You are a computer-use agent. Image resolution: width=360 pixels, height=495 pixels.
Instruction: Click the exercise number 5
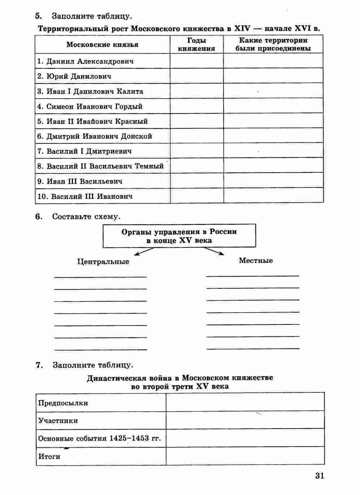pyautogui.click(x=38, y=16)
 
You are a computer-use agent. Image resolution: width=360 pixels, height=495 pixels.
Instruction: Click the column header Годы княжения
pyautogui.click(x=196, y=44)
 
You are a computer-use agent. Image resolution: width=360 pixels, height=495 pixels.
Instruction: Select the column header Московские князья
pyautogui.click(x=102, y=44)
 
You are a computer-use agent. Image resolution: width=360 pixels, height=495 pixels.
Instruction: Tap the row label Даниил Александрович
pyautogui.click(x=86, y=61)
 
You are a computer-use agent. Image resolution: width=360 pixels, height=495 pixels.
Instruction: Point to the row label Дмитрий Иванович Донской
pyautogui.click(x=95, y=136)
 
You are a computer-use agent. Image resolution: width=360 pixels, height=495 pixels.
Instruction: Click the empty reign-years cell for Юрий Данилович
pyautogui.click(x=196, y=76)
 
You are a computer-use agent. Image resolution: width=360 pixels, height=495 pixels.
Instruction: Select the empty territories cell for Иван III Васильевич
pyautogui.click(x=273, y=181)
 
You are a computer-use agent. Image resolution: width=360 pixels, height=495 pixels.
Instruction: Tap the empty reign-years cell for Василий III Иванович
pyautogui.click(x=196, y=196)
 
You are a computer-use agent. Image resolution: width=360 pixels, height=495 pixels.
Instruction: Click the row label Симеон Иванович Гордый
pyautogui.click(x=90, y=107)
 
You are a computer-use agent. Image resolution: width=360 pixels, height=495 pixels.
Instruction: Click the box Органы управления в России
pyautogui.click(x=179, y=236)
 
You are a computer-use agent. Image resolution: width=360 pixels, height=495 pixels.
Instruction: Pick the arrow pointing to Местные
pyautogui.click(x=214, y=251)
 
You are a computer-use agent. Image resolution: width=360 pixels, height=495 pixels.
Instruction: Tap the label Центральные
pyautogui.click(x=103, y=261)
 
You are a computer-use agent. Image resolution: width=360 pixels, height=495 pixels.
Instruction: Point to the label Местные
pyautogui.click(x=256, y=261)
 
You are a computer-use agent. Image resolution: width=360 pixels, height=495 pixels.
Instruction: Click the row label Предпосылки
pyautogui.click(x=64, y=403)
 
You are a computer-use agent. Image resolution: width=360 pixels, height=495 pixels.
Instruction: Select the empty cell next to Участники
pyautogui.click(x=245, y=420)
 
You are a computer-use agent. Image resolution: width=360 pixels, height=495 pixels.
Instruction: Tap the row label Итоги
pyautogui.click(x=49, y=456)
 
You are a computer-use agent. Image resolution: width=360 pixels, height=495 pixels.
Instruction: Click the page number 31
pyautogui.click(x=320, y=475)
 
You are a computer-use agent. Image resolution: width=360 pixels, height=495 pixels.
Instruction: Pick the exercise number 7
pyautogui.click(x=39, y=365)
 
